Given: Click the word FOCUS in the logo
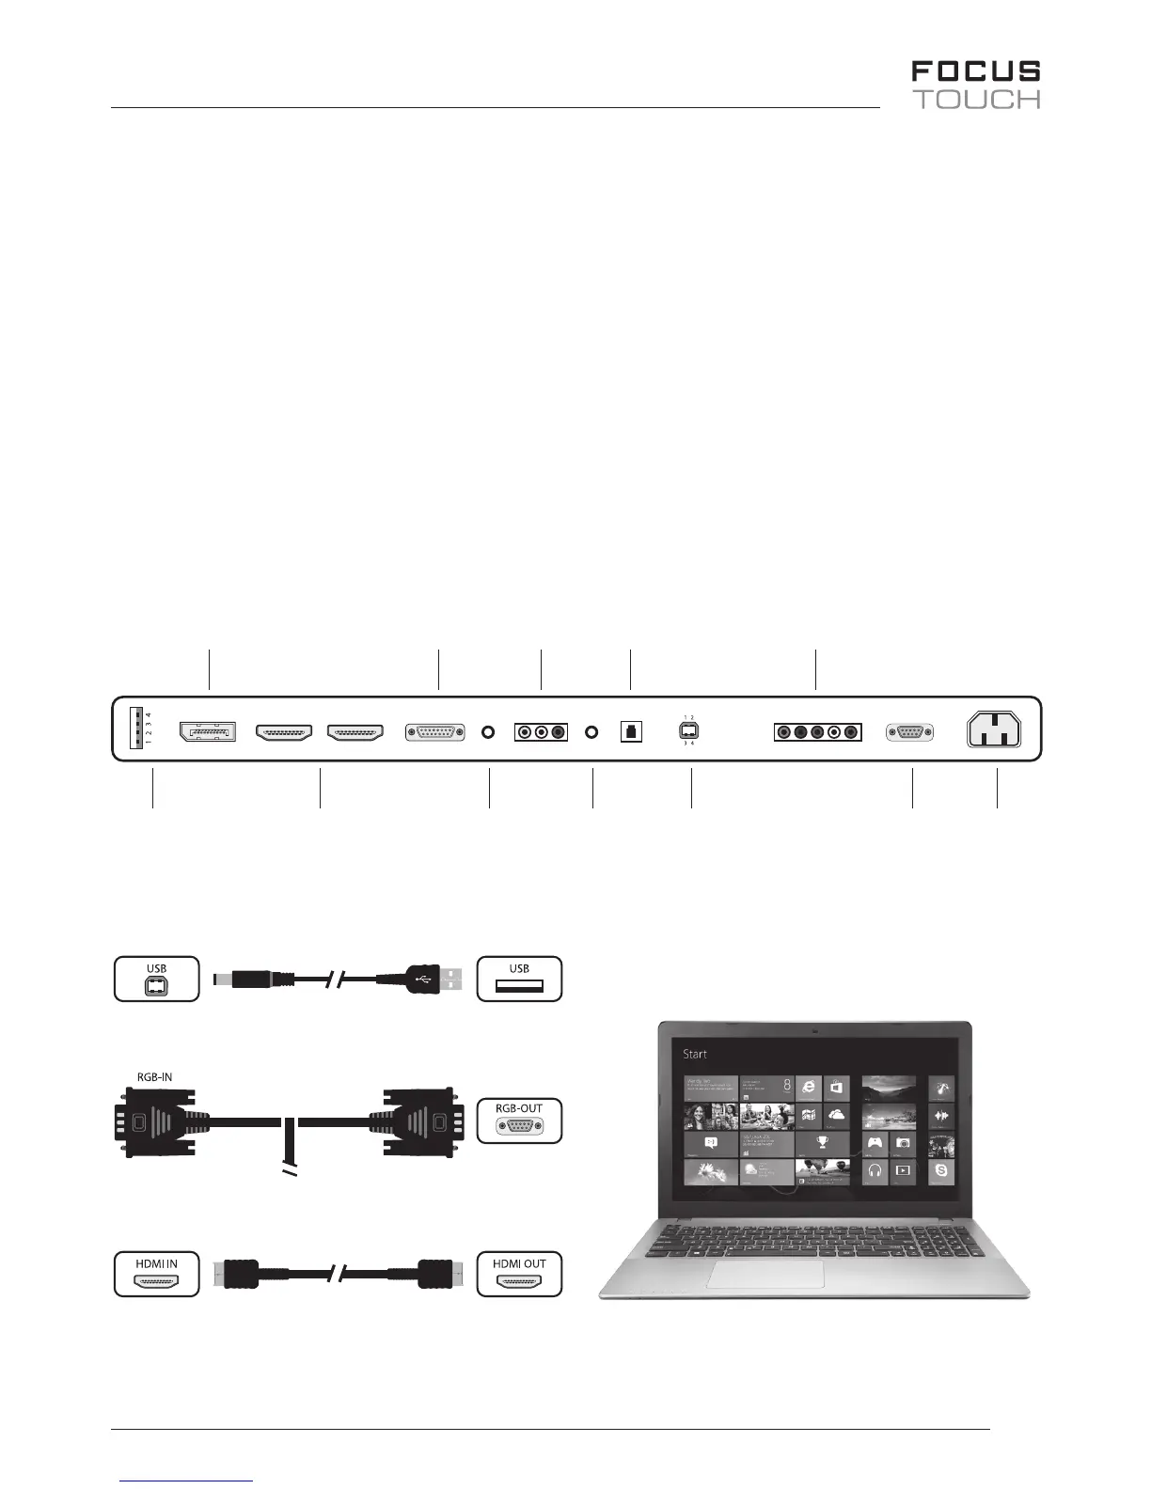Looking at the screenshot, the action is [x=975, y=71].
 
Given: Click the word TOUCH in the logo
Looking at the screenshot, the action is [x=978, y=100].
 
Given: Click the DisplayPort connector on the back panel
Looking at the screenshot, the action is [x=208, y=731].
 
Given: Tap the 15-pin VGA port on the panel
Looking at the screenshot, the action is [x=434, y=731].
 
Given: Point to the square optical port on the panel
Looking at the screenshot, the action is [x=631, y=731].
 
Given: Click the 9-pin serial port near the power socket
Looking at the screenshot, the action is [x=909, y=731].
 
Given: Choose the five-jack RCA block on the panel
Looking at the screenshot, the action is [x=817, y=731].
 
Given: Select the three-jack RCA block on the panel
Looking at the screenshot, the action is [x=541, y=731].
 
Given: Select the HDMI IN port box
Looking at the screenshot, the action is [x=157, y=1274].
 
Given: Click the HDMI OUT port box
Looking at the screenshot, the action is [x=519, y=1274].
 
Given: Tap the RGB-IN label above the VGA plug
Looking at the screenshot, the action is [x=149, y=1077].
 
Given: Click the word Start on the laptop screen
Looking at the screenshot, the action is [x=695, y=1054].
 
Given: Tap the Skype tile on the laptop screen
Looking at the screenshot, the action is [x=941, y=1172].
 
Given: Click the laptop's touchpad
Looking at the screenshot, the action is [x=765, y=1274].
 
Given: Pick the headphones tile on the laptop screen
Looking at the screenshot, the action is [x=875, y=1171].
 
